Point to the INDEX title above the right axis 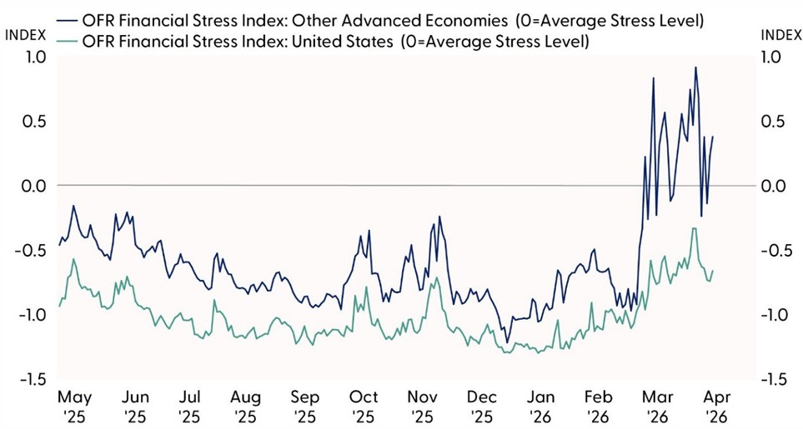point(780,34)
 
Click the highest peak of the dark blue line point(695,67)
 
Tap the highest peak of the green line point(694,228)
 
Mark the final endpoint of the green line point(713,270)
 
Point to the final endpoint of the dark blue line point(713,137)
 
